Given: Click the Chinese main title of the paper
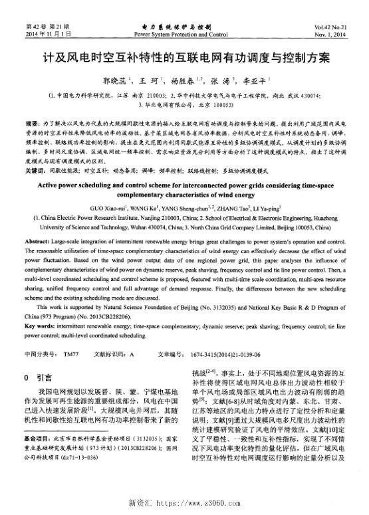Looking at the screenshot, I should point(184,58).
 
